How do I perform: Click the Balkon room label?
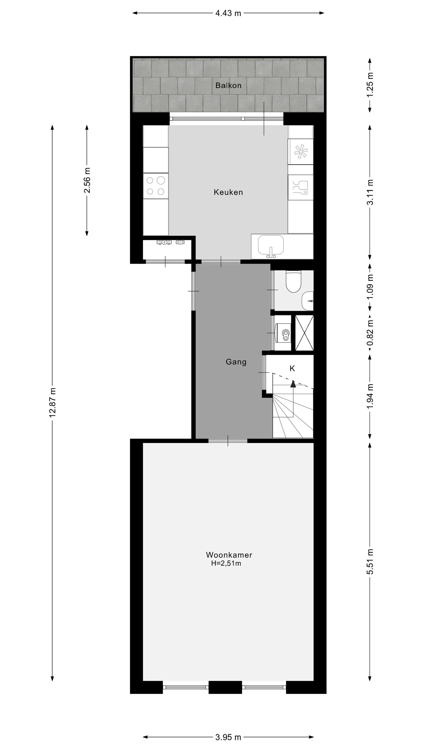228,86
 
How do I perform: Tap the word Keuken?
228,192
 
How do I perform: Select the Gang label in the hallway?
236,362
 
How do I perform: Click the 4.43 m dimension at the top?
228,13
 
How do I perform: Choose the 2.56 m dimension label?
87,180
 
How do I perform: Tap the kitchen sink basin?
271,246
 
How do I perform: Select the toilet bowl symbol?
293,281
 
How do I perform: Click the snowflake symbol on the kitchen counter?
301,152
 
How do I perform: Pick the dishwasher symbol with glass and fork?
301,187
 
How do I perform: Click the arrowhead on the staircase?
293,384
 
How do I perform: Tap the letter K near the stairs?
292,369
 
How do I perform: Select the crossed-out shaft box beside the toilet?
304,333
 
